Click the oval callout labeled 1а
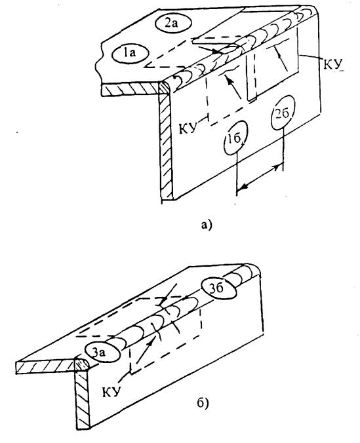point(130,53)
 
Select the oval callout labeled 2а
point(173,24)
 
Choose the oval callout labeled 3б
point(219,288)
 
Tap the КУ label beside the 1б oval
point(188,128)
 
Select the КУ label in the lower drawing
point(111,392)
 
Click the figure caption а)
point(206,225)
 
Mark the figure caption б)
point(203,404)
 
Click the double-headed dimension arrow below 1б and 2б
point(259,178)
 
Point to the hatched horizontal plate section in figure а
point(130,90)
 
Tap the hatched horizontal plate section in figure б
point(45,367)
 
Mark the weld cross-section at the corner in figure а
point(165,88)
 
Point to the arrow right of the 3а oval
point(146,351)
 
